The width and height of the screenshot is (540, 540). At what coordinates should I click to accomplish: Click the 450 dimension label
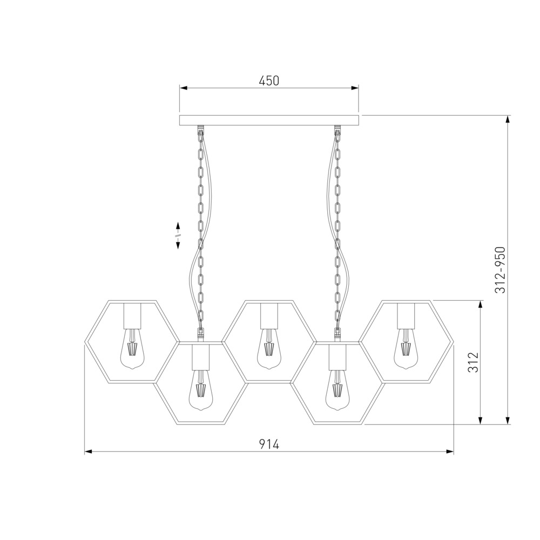269,80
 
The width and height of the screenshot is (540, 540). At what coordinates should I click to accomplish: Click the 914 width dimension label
269,444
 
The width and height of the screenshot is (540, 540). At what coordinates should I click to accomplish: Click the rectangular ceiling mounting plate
269,120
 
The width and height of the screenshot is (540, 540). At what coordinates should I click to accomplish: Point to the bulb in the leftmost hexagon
132,349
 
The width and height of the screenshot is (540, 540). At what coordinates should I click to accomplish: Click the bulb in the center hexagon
269,349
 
